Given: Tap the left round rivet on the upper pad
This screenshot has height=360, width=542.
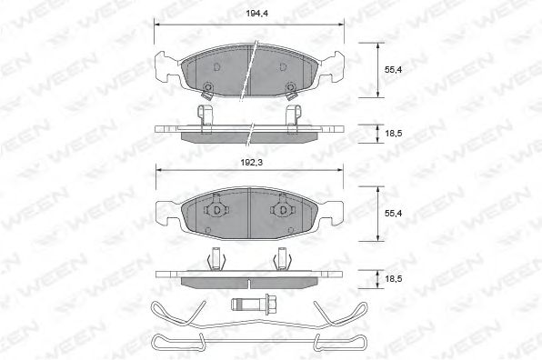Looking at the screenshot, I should tap(207, 89).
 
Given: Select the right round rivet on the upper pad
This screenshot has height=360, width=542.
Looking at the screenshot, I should tap(290, 89).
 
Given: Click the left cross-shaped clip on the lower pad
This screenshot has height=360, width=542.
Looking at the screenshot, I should tap(217, 210).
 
